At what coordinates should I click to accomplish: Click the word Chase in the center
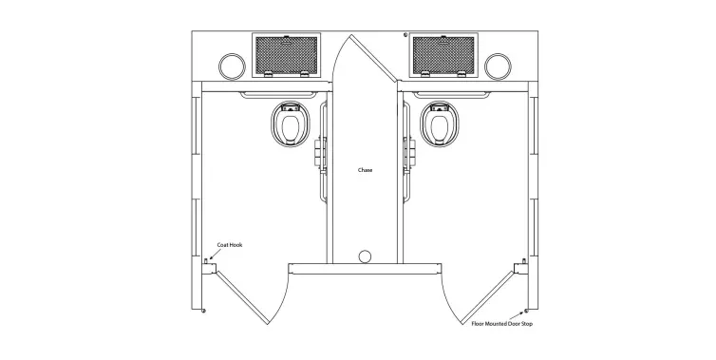coord(365,170)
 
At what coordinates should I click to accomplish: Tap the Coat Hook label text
coord(231,245)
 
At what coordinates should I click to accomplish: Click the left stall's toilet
coord(291,123)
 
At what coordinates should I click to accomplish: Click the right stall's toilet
coord(440,123)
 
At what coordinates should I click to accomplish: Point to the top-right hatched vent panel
coord(443,56)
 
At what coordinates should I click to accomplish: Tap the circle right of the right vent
coord(498,66)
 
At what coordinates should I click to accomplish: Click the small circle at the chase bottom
coord(365,256)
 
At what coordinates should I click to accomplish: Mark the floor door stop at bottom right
coord(524,313)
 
